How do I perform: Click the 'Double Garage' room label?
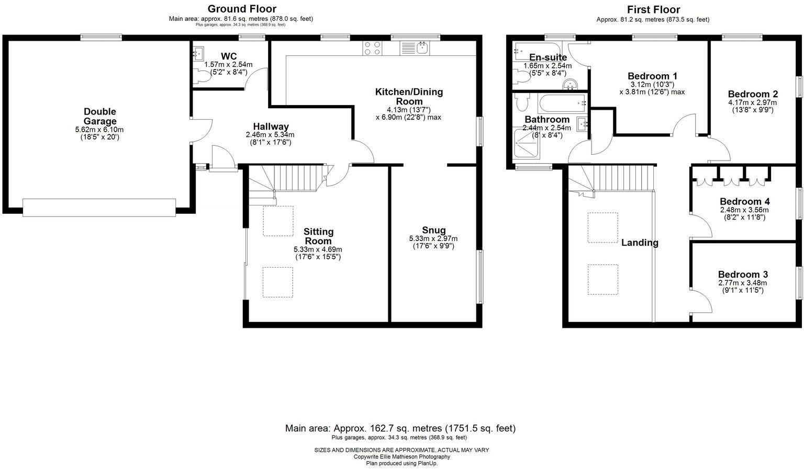[x=99, y=117]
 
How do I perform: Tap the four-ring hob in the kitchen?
[x=372, y=48]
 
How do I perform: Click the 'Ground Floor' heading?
[x=242, y=9]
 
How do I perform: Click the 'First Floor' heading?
[x=653, y=9]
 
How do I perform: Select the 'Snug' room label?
[x=433, y=230]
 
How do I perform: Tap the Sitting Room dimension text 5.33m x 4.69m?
[x=318, y=249]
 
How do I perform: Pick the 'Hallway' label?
[x=271, y=127]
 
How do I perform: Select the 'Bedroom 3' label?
[x=743, y=274]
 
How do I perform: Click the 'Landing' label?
[x=640, y=243]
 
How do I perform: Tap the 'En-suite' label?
[x=548, y=58]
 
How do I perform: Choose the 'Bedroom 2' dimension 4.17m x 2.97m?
[x=752, y=102]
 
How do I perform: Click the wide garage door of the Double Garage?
[x=99, y=208]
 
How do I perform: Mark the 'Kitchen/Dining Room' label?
[x=409, y=97]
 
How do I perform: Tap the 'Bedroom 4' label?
[x=744, y=201]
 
